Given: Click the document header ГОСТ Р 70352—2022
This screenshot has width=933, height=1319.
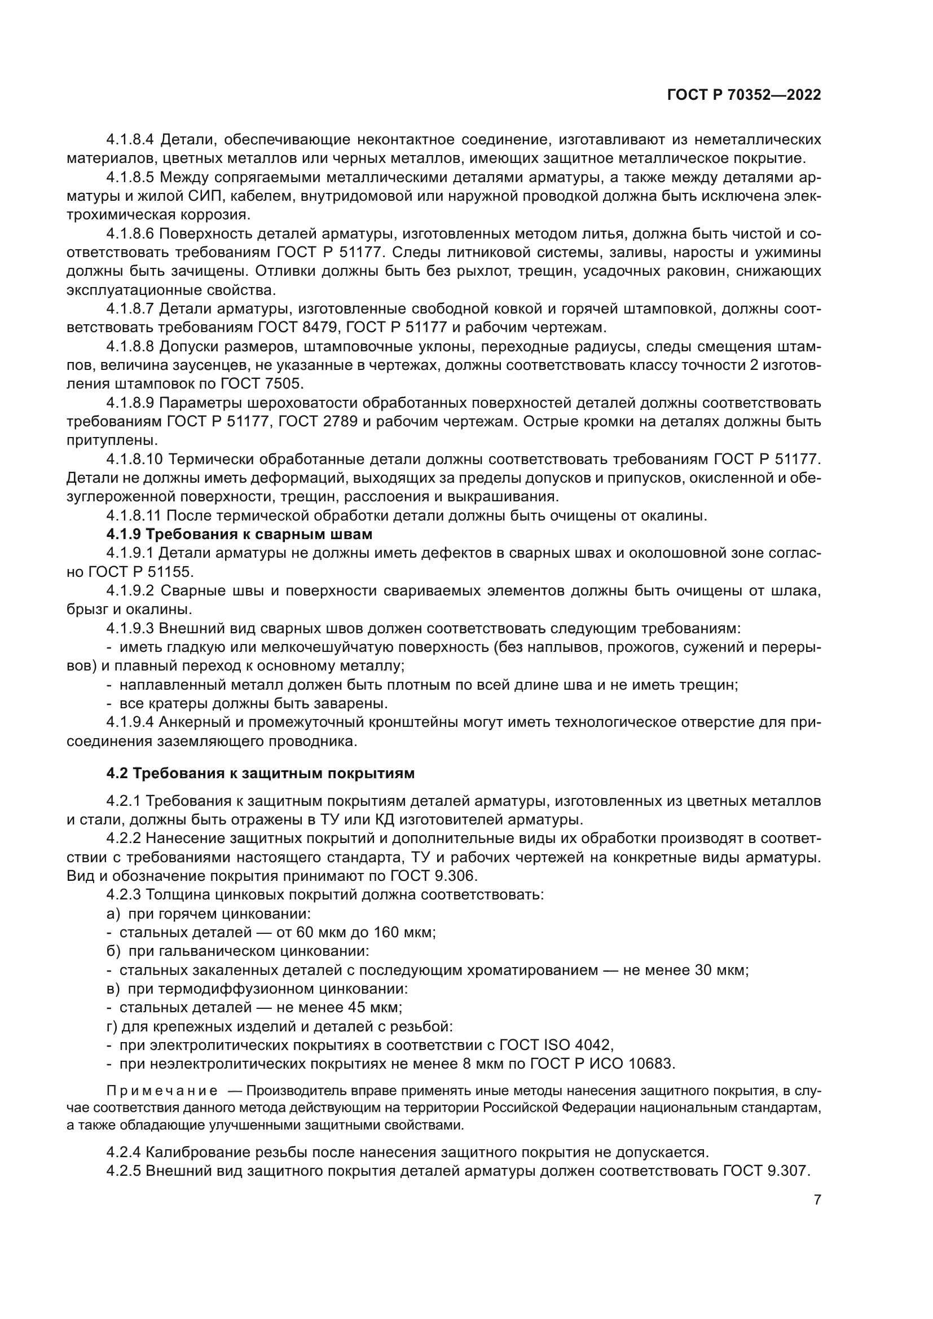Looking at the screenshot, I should (744, 95).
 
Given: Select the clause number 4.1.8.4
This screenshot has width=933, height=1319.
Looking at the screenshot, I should (131, 140).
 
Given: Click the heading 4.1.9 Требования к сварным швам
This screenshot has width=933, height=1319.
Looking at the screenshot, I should (239, 534).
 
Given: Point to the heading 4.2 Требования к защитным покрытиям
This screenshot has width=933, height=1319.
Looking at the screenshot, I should (260, 773).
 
